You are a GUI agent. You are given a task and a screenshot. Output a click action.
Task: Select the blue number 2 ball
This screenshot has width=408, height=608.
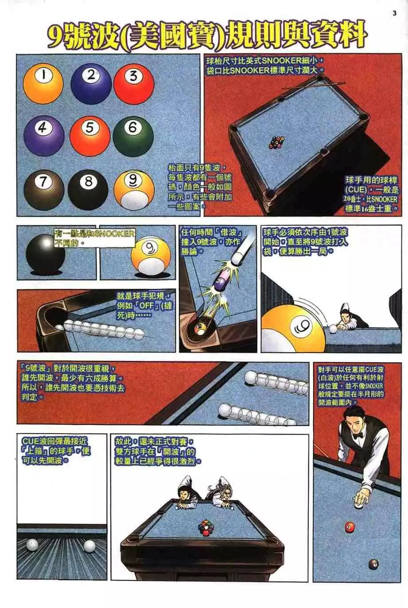point(91,83)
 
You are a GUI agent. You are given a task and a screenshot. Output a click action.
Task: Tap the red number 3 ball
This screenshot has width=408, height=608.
point(134,84)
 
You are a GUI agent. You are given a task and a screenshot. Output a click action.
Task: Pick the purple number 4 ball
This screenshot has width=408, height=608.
point(44,135)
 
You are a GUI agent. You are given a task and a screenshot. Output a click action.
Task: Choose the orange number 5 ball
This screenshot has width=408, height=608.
point(90,135)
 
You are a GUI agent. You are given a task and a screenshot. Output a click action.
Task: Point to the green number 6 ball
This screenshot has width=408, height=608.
point(133,135)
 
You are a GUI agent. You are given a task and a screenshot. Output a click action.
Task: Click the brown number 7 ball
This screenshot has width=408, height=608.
point(44,189)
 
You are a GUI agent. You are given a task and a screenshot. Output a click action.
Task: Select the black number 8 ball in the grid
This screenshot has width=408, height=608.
point(88,189)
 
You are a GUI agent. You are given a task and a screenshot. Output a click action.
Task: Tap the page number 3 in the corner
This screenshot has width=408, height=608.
point(394,13)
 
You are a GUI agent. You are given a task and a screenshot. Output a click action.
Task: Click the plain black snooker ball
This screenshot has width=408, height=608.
point(45,253)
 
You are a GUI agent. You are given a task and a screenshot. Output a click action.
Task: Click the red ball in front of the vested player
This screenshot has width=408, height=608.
point(350,527)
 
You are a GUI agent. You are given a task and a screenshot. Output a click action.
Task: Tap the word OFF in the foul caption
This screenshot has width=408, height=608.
point(146,306)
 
